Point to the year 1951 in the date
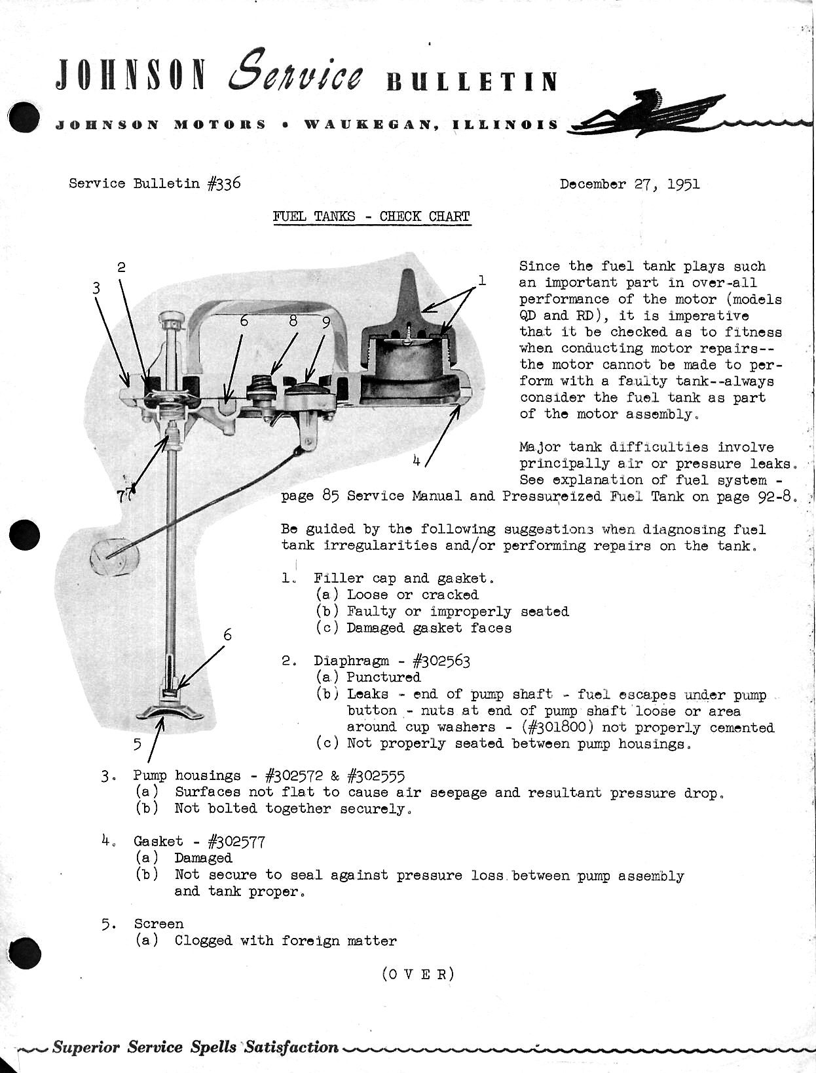click(683, 184)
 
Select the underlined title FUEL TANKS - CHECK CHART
click(371, 216)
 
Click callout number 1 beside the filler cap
click(482, 281)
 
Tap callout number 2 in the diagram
click(121, 267)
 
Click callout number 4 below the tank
click(417, 460)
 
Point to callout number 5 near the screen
click(137, 743)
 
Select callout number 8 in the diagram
click(293, 321)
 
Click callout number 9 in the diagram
click(325, 322)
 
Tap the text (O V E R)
click(418, 973)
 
